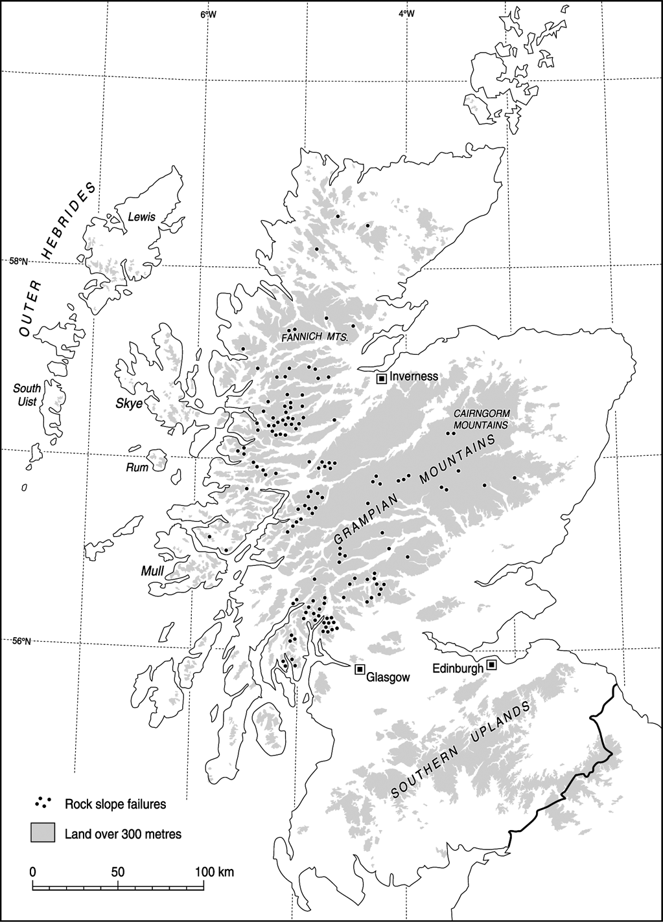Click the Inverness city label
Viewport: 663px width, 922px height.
point(413,376)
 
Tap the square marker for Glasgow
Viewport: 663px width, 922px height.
point(360,669)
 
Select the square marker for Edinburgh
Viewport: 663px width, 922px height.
point(492,664)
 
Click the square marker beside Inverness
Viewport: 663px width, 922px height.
point(382,378)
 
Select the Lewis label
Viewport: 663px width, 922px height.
point(142,218)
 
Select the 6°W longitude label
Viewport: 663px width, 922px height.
point(208,14)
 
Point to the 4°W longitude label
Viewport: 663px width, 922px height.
point(405,14)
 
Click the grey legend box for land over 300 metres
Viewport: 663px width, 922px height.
point(43,833)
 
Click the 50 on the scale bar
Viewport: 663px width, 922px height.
point(117,871)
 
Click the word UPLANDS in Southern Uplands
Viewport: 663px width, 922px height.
point(497,731)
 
